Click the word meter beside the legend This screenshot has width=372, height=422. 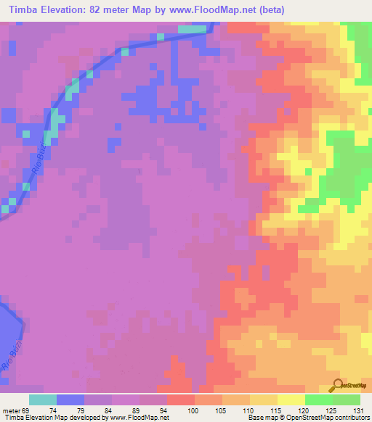pos(9,410)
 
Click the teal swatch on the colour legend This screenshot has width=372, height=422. pos(43,400)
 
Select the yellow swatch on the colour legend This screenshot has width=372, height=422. pos(291,400)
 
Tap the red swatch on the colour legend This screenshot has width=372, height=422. pos(180,400)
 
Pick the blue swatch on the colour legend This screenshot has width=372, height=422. pos(70,400)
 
